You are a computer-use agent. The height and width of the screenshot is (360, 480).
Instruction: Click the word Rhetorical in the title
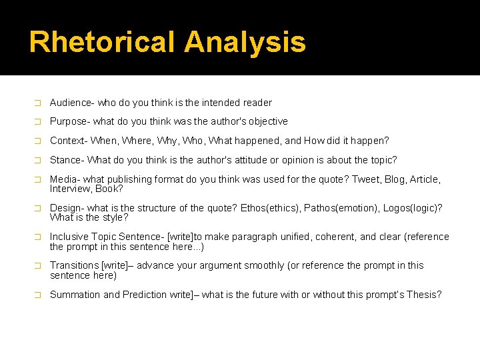[x=103, y=42]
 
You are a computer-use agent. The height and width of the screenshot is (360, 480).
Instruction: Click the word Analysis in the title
[x=245, y=42]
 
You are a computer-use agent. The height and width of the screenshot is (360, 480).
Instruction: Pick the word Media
[x=63, y=179]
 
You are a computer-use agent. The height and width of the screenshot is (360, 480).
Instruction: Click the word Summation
[x=75, y=295]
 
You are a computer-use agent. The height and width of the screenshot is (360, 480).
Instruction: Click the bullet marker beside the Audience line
[x=37, y=103]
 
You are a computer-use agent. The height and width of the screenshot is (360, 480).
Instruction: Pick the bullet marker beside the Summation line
[x=37, y=295]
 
